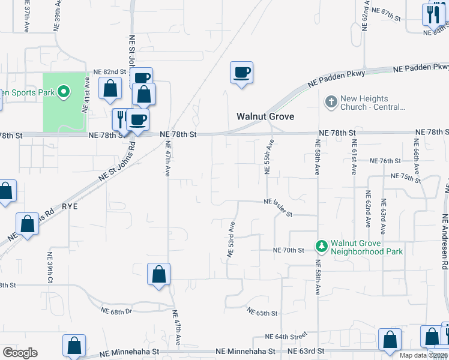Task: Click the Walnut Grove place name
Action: pyautogui.click(x=265, y=116)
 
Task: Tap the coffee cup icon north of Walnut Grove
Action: pyautogui.click(x=241, y=73)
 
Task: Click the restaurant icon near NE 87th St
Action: pyautogui.click(x=433, y=14)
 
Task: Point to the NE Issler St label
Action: pyautogui.click(x=277, y=208)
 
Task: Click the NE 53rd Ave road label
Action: pyautogui.click(x=231, y=239)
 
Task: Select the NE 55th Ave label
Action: pyautogui.click(x=270, y=157)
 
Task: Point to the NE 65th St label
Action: pyautogui.click(x=262, y=313)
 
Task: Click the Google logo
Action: pyautogui.click(x=20, y=353)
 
